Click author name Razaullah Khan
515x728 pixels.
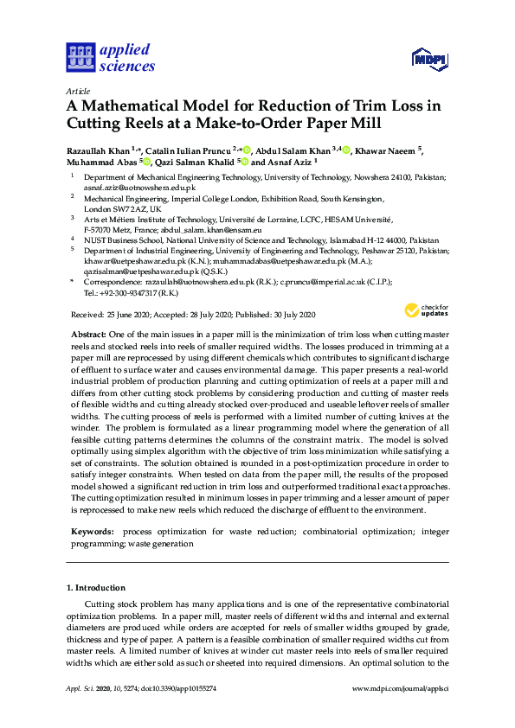pyautogui.click(x=98, y=150)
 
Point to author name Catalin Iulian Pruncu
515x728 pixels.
pyautogui.click(x=192, y=150)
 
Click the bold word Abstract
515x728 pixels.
pyautogui.click(x=87, y=333)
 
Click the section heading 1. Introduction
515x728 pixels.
pyautogui.click(x=96, y=588)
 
